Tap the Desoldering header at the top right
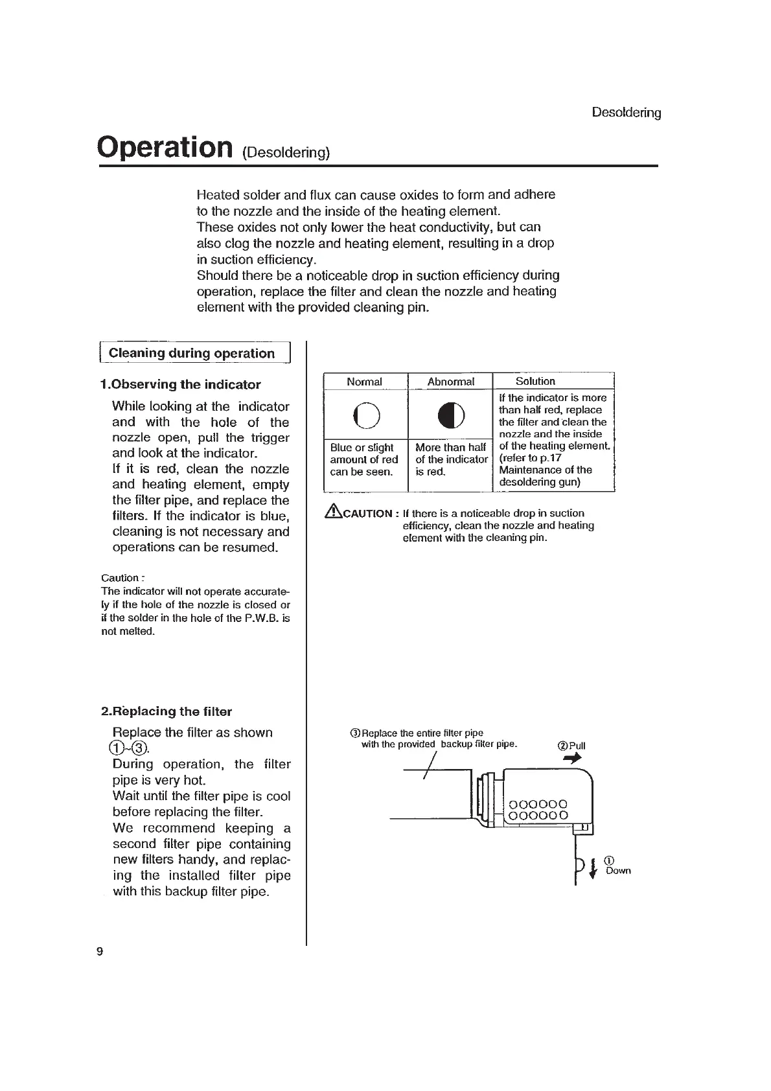(626, 113)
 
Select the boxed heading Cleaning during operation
(192, 353)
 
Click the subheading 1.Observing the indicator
(181, 384)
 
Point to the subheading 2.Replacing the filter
(167, 711)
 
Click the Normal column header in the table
(364, 382)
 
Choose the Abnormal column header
(450, 382)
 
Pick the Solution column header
(535, 381)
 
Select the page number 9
(100, 952)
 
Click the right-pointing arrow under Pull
(572, 759)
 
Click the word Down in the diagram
(618, 871)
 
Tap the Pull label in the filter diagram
(577, 746)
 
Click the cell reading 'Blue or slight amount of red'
(364, 459)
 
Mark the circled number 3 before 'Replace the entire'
(354, 733)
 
